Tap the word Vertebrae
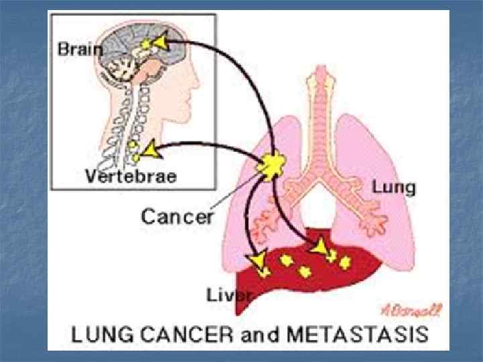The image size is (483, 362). tap(131, 176)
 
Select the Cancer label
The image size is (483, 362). tap(177, 216)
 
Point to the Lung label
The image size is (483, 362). tap(394, 187)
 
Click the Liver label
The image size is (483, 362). tap(228, 295)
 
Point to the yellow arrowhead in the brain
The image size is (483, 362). tap(159, 44)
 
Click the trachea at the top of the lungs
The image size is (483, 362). tap(329, 101)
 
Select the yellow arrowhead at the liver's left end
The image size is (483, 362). tap(255, 260)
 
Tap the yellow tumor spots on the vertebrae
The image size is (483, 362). tap(135, 151)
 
